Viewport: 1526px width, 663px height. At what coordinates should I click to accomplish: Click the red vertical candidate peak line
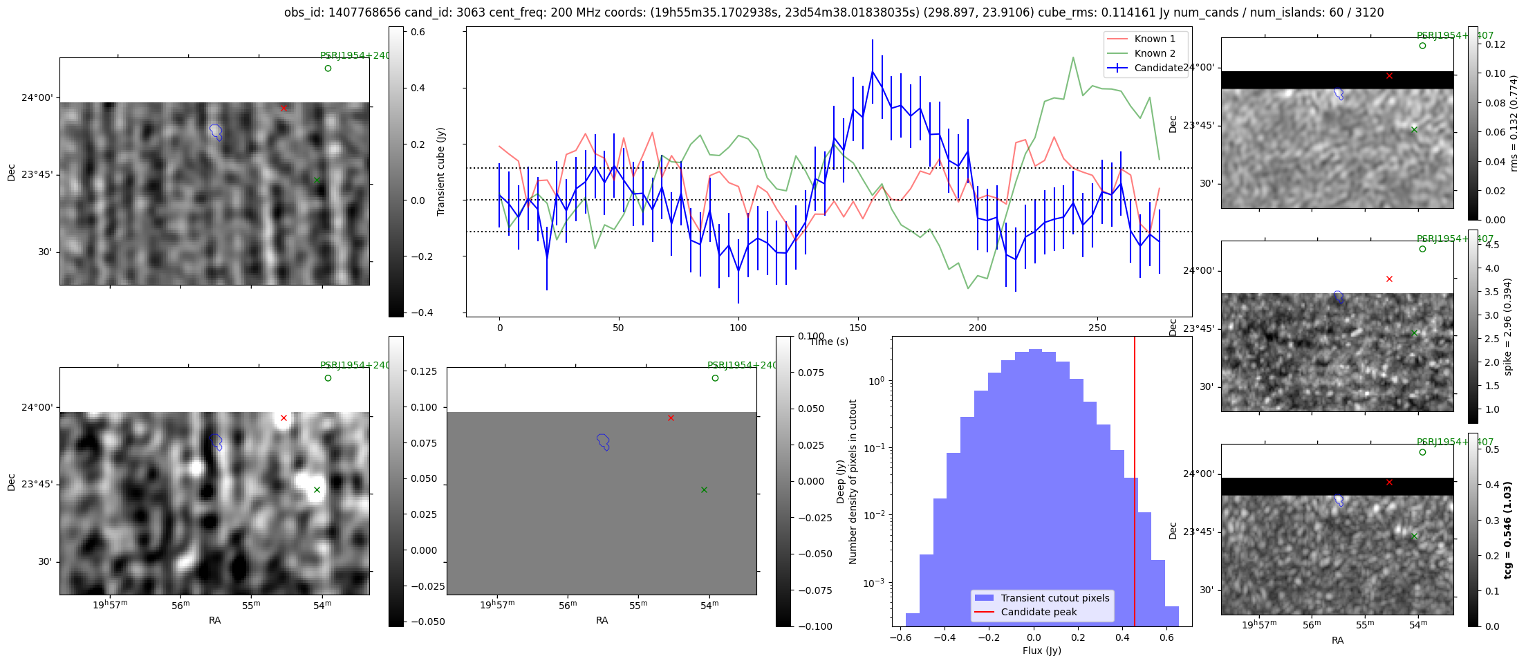point(1135,484)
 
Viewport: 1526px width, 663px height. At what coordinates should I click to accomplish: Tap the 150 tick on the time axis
point(858,328)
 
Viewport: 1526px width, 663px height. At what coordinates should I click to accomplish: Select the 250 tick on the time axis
point(1097,328)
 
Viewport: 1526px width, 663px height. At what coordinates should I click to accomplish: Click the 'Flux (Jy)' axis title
point(1041,651)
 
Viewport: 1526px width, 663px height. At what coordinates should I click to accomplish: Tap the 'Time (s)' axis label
point(829,342)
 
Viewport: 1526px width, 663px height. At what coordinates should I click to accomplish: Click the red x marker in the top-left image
point(283,108)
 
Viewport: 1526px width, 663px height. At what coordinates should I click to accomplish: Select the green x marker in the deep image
point(317,490)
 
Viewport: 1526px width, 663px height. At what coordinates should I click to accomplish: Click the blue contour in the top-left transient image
point(216,131)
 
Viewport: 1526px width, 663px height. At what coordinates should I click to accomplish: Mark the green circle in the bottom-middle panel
point(715,378)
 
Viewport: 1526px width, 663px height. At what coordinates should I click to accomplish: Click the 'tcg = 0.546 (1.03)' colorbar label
point(1507,530)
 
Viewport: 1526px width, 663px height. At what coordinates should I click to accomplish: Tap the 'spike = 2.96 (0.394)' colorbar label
point(1507,326)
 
